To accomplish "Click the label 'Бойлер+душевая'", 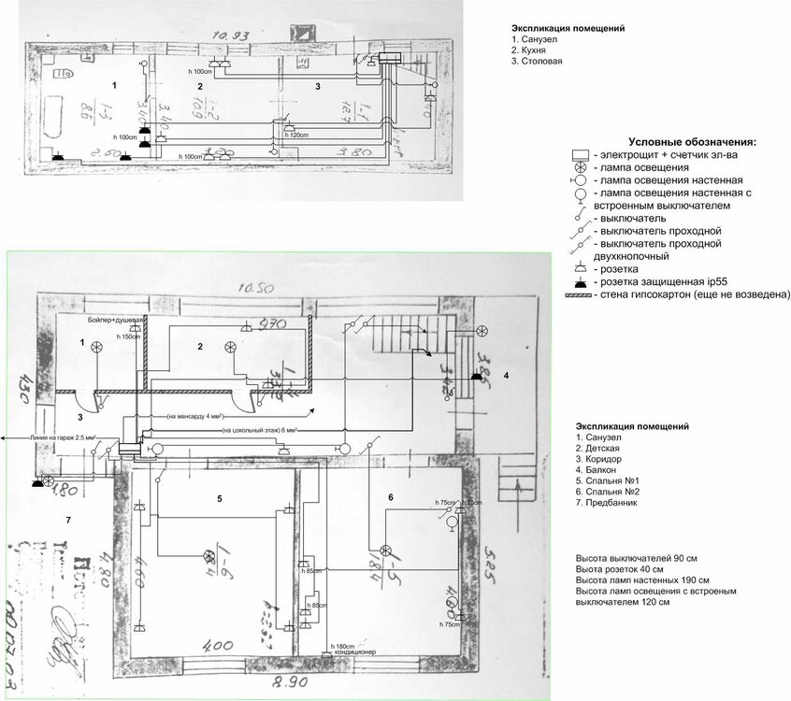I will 114,321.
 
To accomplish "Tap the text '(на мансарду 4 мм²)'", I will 199,415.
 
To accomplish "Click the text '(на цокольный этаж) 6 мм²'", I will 260,431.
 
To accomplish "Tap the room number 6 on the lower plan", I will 391,496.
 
